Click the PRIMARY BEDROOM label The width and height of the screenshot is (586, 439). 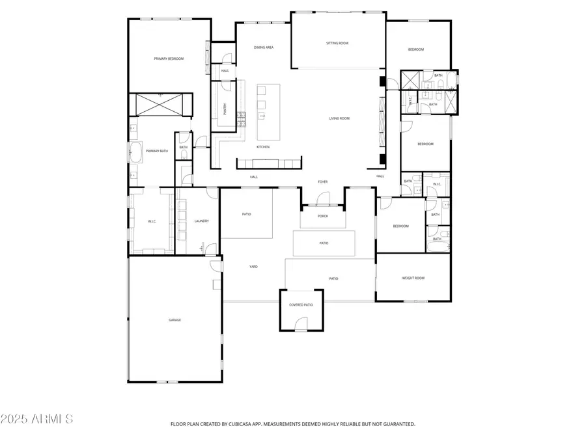point(169,59)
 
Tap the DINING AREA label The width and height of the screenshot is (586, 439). point(263,47)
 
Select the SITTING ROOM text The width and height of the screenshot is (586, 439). point(337,44)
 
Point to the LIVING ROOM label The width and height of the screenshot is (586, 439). point(339,118)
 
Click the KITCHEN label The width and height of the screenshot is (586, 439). point(263,147)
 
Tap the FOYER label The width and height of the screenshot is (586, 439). point(322,182)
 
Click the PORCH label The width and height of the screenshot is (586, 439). point(322,216)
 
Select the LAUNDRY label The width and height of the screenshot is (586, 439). point(201,221)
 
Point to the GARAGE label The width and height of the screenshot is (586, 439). point(174,320)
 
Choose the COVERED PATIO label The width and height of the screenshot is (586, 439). point(301,304)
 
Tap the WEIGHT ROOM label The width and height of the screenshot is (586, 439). point(413,278)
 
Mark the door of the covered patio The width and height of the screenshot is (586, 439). point(300,325)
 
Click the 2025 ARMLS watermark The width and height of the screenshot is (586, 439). point(37,418)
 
